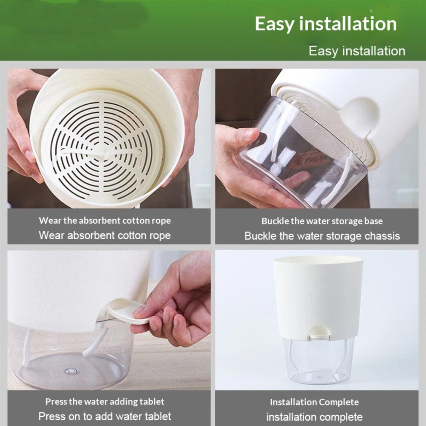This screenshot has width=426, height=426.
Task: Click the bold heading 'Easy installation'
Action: (x=326, y=24)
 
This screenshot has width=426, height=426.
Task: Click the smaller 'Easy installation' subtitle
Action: (x=357, y=51)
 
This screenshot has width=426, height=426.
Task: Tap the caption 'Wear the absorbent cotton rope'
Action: (x=105, y=220)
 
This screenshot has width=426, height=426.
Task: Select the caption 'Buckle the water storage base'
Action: (x=322, y=221)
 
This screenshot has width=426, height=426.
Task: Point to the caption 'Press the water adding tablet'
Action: (x=105, y=401)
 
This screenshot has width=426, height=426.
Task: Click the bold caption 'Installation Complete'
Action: (x=314, y=402)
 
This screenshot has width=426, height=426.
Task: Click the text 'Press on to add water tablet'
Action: (x=105, y=416)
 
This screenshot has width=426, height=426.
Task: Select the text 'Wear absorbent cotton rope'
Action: (x=105, y=235)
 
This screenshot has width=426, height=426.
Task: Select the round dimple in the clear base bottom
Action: (x=70, y=370)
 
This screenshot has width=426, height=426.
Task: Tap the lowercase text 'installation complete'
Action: (x=314, y=417)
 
